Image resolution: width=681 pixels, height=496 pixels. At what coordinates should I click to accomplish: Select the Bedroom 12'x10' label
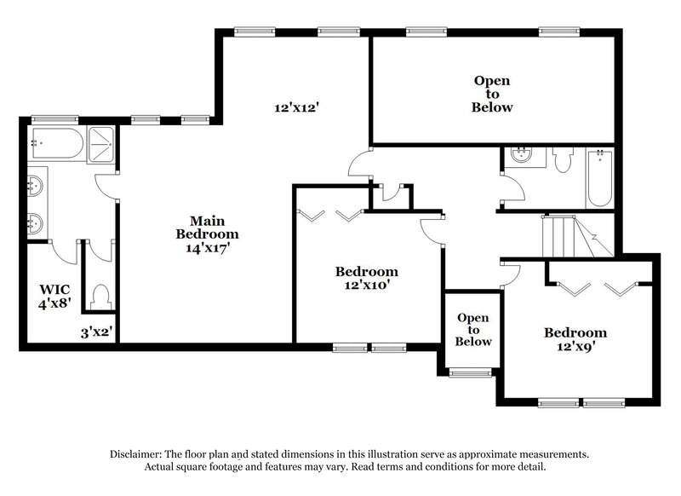click(x=366, y=279)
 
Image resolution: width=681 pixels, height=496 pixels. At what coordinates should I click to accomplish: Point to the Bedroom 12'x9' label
click(x=575, y=339)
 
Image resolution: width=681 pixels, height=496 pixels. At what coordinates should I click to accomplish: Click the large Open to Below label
click(x=492, y=94)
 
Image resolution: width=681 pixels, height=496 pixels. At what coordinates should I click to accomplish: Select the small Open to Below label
click(x=474, y=330)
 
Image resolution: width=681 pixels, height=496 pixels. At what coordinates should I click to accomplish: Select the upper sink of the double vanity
click(x=35, y=183)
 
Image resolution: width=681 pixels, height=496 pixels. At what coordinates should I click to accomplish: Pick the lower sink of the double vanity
click(x=35, y=223)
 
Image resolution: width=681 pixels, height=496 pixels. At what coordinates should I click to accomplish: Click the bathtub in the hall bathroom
click(x=600, y=177)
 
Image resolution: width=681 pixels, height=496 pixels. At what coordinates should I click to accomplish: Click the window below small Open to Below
click(x=471, y=372)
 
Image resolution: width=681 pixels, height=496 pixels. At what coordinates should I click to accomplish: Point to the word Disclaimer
click(x=139, y=454)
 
